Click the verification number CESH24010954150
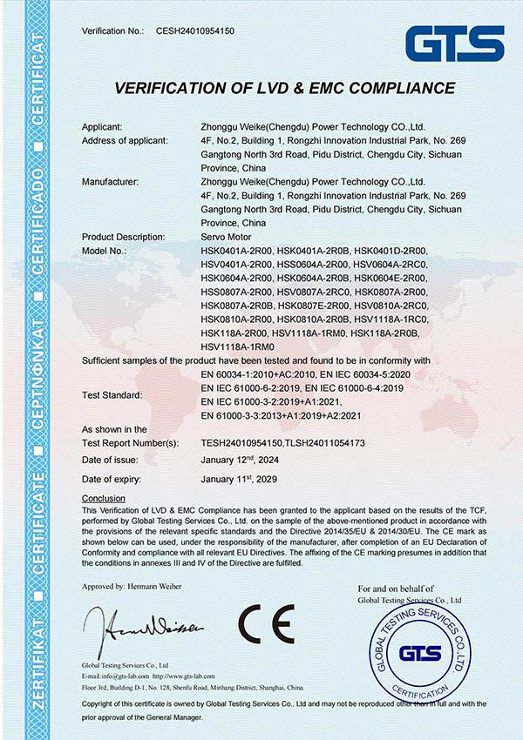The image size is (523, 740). click(194, 30)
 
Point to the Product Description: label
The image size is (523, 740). click(124, 237)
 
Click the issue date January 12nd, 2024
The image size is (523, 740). click(246, 460)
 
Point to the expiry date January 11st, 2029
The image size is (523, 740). click(245, 479)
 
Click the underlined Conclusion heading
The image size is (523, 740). click(103, 498)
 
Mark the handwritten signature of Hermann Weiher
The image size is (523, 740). click(144, 625)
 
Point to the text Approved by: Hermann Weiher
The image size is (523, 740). click(132, 587)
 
